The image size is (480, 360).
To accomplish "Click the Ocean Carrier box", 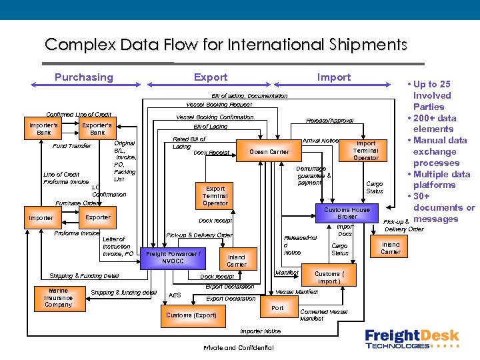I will pyautogui.click(x=269, y=152).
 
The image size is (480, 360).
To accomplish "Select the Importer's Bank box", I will pyautogui.click(x=44, y=129).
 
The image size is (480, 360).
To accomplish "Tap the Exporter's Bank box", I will pyautogui.click(x=97, y=129).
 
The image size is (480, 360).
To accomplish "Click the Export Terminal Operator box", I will pyautogui.click(x=215, y=195).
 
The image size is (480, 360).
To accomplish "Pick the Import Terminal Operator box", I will pyautogui.click(x=365, y=151).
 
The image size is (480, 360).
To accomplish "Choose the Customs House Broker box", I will pyautogui.click(x=347, y=213).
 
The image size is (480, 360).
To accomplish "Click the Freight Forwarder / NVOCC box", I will pyautogui.click(x=173, y=257).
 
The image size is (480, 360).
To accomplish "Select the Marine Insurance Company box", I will pyautogui.click(x=59, y=298).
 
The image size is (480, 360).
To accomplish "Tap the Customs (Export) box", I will pyautogui.click(x=191, y=315).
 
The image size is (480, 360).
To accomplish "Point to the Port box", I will pyautogui.click(x=278, y=308).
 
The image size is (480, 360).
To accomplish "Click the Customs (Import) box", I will pyautogui.click(x=329, y=277).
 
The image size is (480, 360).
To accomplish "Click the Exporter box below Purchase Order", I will pyautogui.click(x=98, y=218).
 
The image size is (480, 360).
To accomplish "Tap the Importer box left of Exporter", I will pyautogui.click(x=41, y=218).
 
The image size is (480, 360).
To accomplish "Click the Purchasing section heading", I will pyautogui.click(x=83, y=77).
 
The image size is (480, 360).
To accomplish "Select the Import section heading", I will pyautogui.click(x=334, y=77).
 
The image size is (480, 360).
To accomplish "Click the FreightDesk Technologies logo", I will pyautogui.click(x=411, y=338).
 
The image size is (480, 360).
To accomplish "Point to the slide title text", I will pyautogui.click(x=225, y=45).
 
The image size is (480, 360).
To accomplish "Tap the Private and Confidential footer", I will pyautogui.click(x=238, y=348).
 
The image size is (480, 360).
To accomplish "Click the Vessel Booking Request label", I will pyautogui.click(x=219, y=105).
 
